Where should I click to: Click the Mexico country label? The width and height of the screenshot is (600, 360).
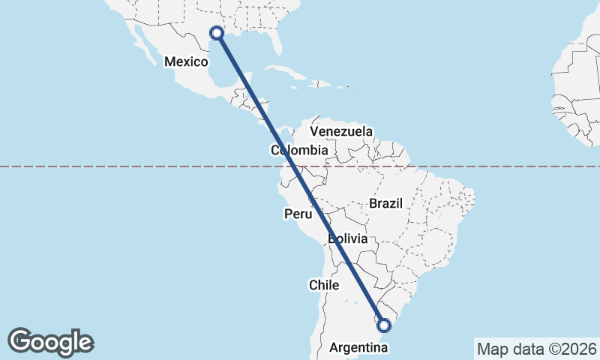(185, 61)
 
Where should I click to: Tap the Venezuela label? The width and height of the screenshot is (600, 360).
(341, 131)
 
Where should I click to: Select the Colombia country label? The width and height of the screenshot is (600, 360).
(299, 151)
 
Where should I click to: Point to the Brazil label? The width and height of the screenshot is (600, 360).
(386, 203)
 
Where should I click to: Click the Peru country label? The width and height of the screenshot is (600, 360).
(297, 214)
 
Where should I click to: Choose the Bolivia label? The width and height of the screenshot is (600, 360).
(348, 239)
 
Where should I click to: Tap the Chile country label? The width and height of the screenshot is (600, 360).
(325, 285)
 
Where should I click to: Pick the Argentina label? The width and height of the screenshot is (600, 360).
(359, 348)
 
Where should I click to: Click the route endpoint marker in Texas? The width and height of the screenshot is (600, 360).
(217, 32)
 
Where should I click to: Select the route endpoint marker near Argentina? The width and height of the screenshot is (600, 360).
(384, 325)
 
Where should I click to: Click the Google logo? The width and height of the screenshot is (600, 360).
(50, 342)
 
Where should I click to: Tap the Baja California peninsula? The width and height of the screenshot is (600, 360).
(142, 45)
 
